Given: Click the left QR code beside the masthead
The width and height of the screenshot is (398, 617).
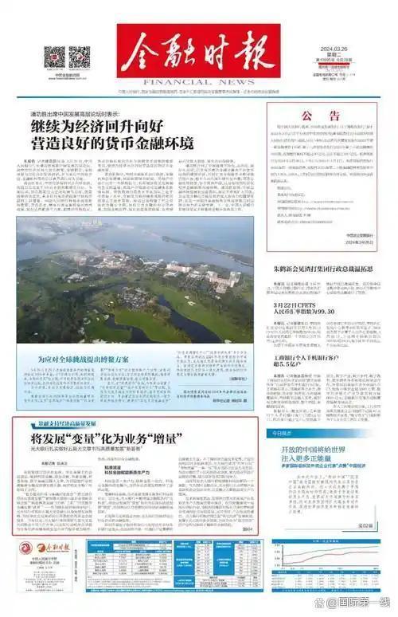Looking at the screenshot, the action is (x=54, y=57).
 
